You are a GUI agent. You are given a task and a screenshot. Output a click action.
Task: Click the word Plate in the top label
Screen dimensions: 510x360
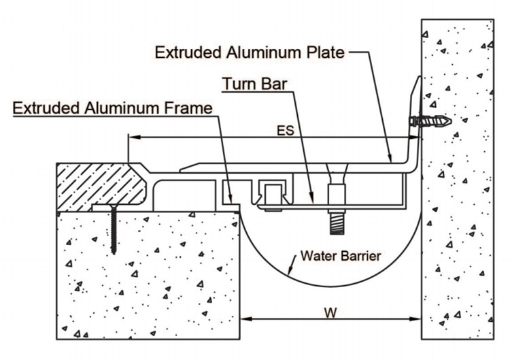pyautogui.click(x=325, y=52)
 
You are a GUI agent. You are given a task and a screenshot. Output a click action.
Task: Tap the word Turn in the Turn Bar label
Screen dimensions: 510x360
pyautogui.click(x=239, y=84)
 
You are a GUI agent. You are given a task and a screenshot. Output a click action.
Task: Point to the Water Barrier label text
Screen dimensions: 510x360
pyautogui.click(x=341, y=256)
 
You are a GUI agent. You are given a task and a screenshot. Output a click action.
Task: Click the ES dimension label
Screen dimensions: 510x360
pyautogui.click(x=286, y=131)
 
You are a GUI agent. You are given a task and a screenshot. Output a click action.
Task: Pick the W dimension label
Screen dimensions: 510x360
pyautogui.click(x=330, y=313)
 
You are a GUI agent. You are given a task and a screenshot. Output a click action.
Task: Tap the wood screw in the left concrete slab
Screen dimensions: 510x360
pyautogui.click(x=113, y=229)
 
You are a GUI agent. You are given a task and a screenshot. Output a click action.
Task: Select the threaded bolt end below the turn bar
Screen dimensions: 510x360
pyautogui.click(x=337, y=223)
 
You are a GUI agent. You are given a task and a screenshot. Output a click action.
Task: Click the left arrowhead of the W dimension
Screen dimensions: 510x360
pyautogui.click(x=247, y=318)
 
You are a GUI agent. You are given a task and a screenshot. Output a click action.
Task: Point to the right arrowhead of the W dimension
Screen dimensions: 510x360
pyautogui.click(x=415, y=318)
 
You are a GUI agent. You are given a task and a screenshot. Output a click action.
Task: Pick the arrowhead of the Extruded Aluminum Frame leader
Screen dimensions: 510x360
pyautogui.click(x=231, y=197)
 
